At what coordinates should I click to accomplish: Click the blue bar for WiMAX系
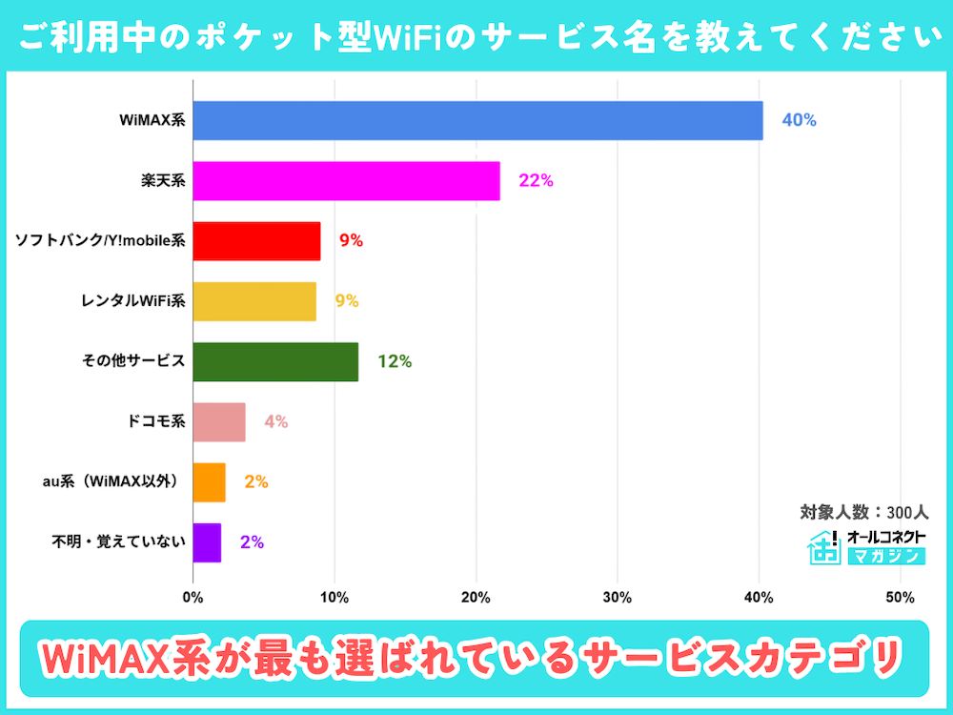coord(477,120)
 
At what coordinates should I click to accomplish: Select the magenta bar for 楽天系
coord(346,180)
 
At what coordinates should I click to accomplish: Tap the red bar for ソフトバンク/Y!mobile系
coord(256,240)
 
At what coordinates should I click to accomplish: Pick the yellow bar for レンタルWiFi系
coord(254,301)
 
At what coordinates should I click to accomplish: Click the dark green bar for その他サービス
coord(275,361)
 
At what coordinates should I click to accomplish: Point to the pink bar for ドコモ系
coord(219,421)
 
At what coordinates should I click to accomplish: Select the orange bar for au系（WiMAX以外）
coord(209,482)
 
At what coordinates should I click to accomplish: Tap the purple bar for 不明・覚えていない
coord(207,542)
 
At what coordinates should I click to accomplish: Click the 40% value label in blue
coord(799,120)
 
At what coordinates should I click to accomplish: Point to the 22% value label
coord(536,180)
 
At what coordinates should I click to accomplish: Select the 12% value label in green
coord(394,361)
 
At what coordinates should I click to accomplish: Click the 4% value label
coord(275,421)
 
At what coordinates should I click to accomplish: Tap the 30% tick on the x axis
coord(618,598)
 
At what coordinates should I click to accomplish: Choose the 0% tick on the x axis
coord(193,598)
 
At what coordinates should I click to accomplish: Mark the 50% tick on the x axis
coord(900,598)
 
